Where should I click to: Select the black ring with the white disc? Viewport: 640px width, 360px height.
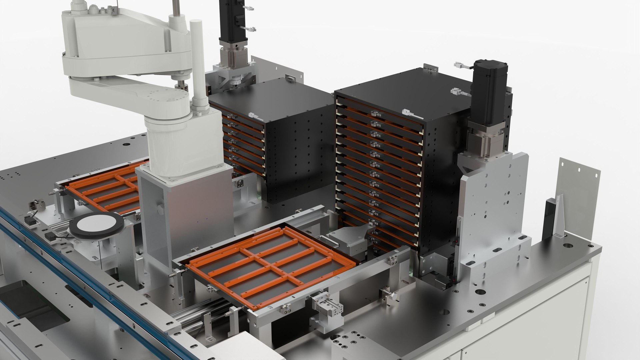pyautogui.click(x=96, y=227)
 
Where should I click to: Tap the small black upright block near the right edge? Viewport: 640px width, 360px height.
pyautogui.click(x=548, y=220)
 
